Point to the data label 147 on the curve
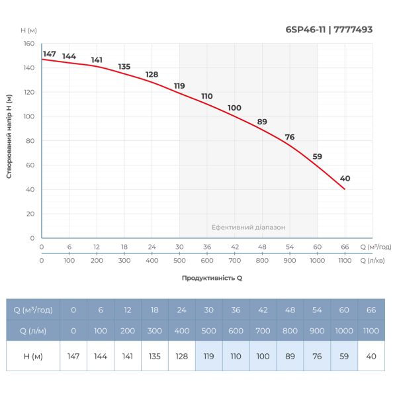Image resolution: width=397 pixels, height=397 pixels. [x=49, y=54]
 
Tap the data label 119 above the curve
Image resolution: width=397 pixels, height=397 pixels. [x=179, y=86]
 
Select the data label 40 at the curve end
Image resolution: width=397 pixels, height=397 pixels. [x=345, y=179]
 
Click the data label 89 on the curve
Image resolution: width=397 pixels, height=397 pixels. [x=262, y=122]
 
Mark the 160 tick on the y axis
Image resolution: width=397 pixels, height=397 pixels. [x=29, y=44]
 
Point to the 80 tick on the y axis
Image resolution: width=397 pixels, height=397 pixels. [x=30, y=141]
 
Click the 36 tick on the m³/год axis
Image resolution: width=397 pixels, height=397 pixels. [x=207, y=247]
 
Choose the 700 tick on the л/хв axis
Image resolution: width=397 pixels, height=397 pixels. [x=234, y=261]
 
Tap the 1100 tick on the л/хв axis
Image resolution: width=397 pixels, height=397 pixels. [x=345, y=261]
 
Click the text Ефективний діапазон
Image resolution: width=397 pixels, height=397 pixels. [x=248, y=227]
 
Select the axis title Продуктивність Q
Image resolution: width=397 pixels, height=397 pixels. [x=212, y=278]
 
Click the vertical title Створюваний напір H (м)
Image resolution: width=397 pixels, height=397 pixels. [x=10, y=136]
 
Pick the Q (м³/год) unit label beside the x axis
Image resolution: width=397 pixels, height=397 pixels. [x=376, y=247]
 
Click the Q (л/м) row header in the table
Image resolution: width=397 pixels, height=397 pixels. [x=33, y=330]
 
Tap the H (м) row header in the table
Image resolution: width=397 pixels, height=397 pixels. [x=33, y=356]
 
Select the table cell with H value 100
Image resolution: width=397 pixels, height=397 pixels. [x=263, y=356]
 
